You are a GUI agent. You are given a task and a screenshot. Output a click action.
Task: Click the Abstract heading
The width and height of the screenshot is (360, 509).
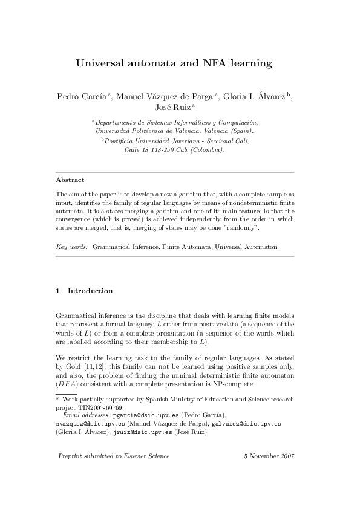click(70, 180)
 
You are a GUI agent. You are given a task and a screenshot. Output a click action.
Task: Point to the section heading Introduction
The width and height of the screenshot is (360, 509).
click(90, 291)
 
